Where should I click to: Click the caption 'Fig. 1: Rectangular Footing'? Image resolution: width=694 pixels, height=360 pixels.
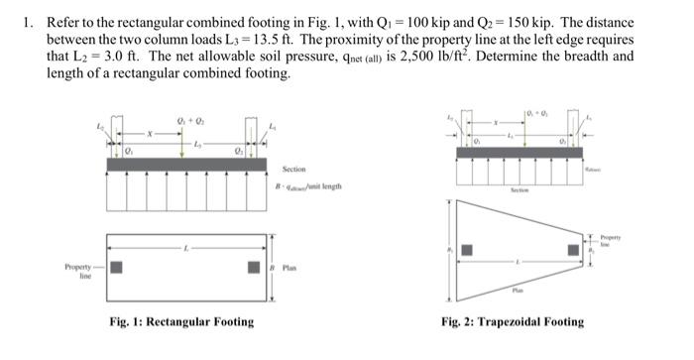click(181, 321)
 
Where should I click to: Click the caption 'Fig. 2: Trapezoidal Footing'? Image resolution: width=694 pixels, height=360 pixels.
click(513, 321)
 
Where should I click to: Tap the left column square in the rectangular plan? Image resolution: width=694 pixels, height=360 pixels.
click(116, 267)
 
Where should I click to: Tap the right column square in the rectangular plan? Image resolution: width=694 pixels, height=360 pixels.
click(254, 267)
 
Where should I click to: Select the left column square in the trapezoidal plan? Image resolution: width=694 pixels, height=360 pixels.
click(468, 250)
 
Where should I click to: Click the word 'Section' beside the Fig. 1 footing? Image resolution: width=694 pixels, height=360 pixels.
click(294, 169)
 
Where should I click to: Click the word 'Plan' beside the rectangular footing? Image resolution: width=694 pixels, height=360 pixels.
click(289, 267)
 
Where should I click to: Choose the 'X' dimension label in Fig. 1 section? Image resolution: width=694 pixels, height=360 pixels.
click(149, 132)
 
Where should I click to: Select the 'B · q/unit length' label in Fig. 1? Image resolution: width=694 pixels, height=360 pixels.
click(307, 186)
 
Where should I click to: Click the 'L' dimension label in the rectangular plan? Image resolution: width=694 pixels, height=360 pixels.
click(184, 249)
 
